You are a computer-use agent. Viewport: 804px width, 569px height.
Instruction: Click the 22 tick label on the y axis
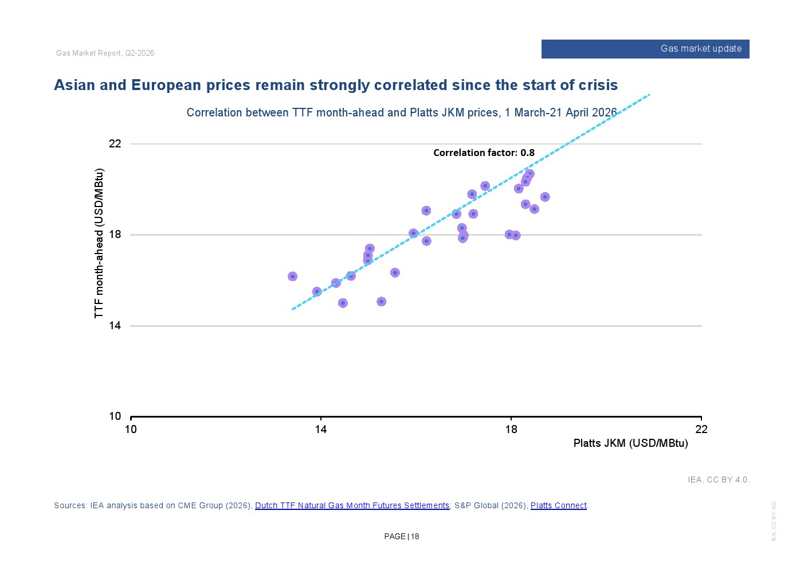(115, 144)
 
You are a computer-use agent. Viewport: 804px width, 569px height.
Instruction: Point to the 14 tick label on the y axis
(115, 325)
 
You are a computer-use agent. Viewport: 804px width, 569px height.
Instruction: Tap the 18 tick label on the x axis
(511, 429)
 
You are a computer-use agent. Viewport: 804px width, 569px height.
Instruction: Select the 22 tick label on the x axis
(701, 429)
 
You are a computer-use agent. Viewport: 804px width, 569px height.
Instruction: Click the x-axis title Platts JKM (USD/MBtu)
(630, 443)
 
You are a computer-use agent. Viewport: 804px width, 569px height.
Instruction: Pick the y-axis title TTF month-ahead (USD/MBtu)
(99, 243)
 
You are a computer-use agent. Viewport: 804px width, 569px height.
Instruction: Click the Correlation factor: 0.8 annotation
(484, 153)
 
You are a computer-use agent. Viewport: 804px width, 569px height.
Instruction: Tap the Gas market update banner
(645, 49)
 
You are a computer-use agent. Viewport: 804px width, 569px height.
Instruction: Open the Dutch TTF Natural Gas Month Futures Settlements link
(352, 505)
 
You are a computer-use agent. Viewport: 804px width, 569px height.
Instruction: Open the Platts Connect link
(559, 505)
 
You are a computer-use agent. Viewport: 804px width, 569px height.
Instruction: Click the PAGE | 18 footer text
(401, 536)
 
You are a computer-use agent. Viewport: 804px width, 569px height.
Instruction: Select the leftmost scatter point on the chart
(292, 276)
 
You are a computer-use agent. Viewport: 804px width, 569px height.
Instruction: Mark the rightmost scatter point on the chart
(545, 197)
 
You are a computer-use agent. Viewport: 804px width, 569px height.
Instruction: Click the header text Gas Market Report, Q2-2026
(105, 53)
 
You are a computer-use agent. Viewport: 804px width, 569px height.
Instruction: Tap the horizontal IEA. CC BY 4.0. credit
(719, 480)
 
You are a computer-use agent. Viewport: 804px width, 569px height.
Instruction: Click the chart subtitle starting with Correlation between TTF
(402, 112)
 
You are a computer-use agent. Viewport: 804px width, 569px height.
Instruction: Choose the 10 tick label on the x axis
(131, 429)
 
